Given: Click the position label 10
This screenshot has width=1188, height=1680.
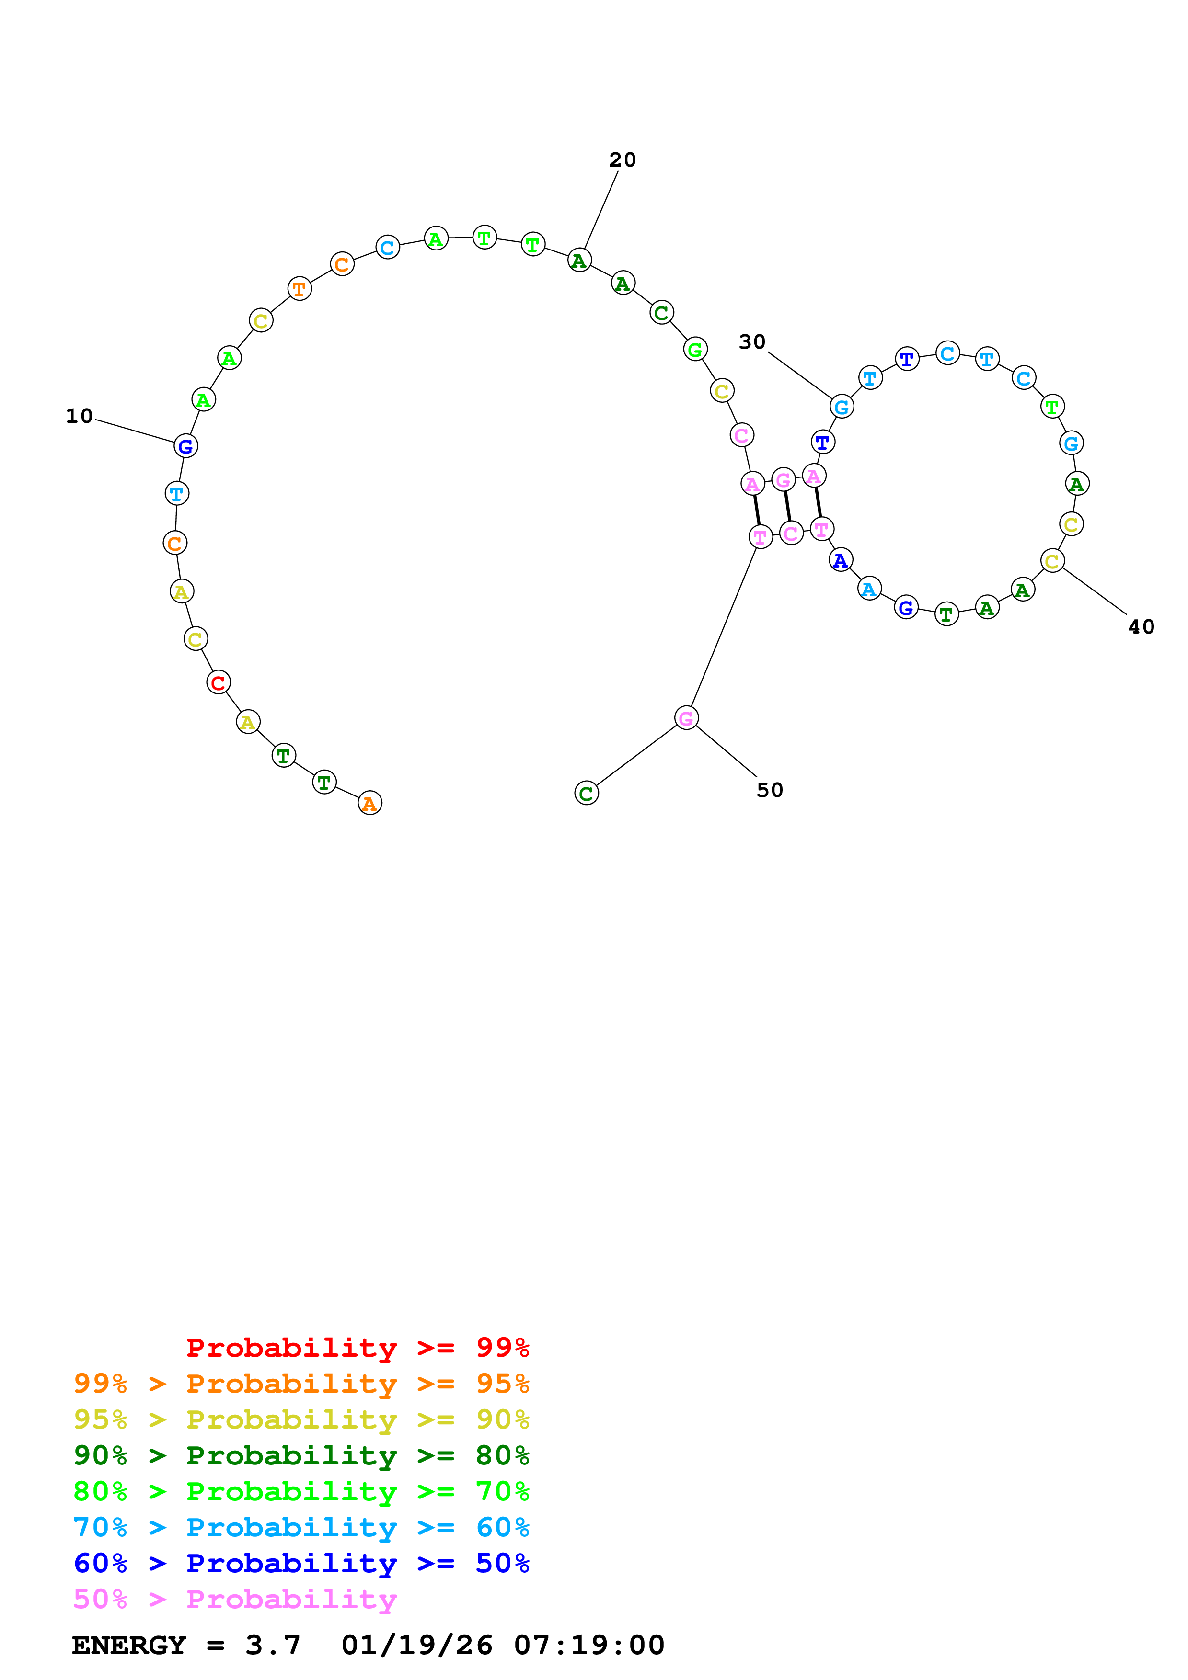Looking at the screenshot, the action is pyautogui.click(x=79, y=416).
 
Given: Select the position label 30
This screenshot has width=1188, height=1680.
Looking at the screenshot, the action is pyautogui.click(x=752, y=342).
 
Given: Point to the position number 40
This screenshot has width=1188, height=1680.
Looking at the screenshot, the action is pyautogui.click(x=1141, y=627).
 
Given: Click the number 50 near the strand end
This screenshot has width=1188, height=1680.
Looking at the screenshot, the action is pyautogui.click(x=769, y=790).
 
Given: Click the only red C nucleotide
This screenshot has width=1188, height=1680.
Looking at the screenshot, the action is pyautogui.click(x=218, y=683).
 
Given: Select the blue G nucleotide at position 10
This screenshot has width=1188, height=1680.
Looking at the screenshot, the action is pyautogui.click(x=186, y=445).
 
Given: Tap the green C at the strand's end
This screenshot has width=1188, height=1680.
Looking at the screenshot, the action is pyautogui.click(x=586, y=793).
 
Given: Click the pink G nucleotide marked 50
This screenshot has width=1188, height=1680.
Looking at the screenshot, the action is pyautogui.click(x=686, y=718).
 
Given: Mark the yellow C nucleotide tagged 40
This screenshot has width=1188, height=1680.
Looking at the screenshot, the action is pyautogui.click(x=1052, y=561).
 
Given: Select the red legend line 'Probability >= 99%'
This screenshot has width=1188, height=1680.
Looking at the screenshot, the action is pyautogui.click(x=357, y=1348).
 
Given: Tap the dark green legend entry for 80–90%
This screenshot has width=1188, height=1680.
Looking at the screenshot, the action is pyautogui.click(x=301, y=1455).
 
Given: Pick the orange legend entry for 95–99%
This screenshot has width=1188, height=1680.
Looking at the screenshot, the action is pyautogui.click(x=301, y=1384).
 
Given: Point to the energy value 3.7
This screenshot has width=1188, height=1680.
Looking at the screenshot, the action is pyautogui.click(x=272, y=1645).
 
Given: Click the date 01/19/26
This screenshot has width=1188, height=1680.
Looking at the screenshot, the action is pyautogui.click(x=416, y=1645).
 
